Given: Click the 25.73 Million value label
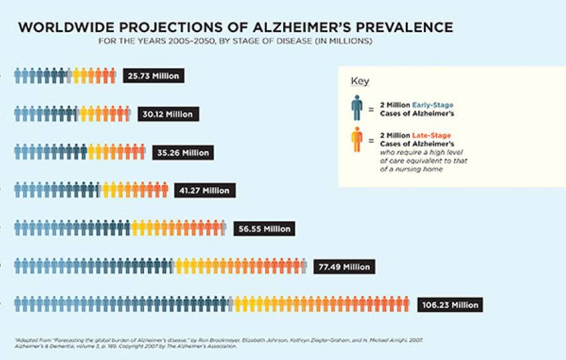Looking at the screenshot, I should click(154, 76).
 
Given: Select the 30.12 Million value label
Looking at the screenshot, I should click(168, 114).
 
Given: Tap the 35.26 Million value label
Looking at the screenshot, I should click(183, 153).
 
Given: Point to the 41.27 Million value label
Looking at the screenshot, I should click(205, 191).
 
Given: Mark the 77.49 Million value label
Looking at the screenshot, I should click(344, 267).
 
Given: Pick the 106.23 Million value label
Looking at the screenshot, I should click(450, 305).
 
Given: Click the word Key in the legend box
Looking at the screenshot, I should click(360, 82).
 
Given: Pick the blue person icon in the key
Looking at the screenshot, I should click(357, 108).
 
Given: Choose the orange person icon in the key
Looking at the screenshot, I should click(357, 139).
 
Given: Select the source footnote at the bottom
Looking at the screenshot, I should click(219, 343).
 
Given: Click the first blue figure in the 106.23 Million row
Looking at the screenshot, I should click(18, 305).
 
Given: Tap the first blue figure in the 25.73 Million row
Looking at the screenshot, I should click(18, 76).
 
